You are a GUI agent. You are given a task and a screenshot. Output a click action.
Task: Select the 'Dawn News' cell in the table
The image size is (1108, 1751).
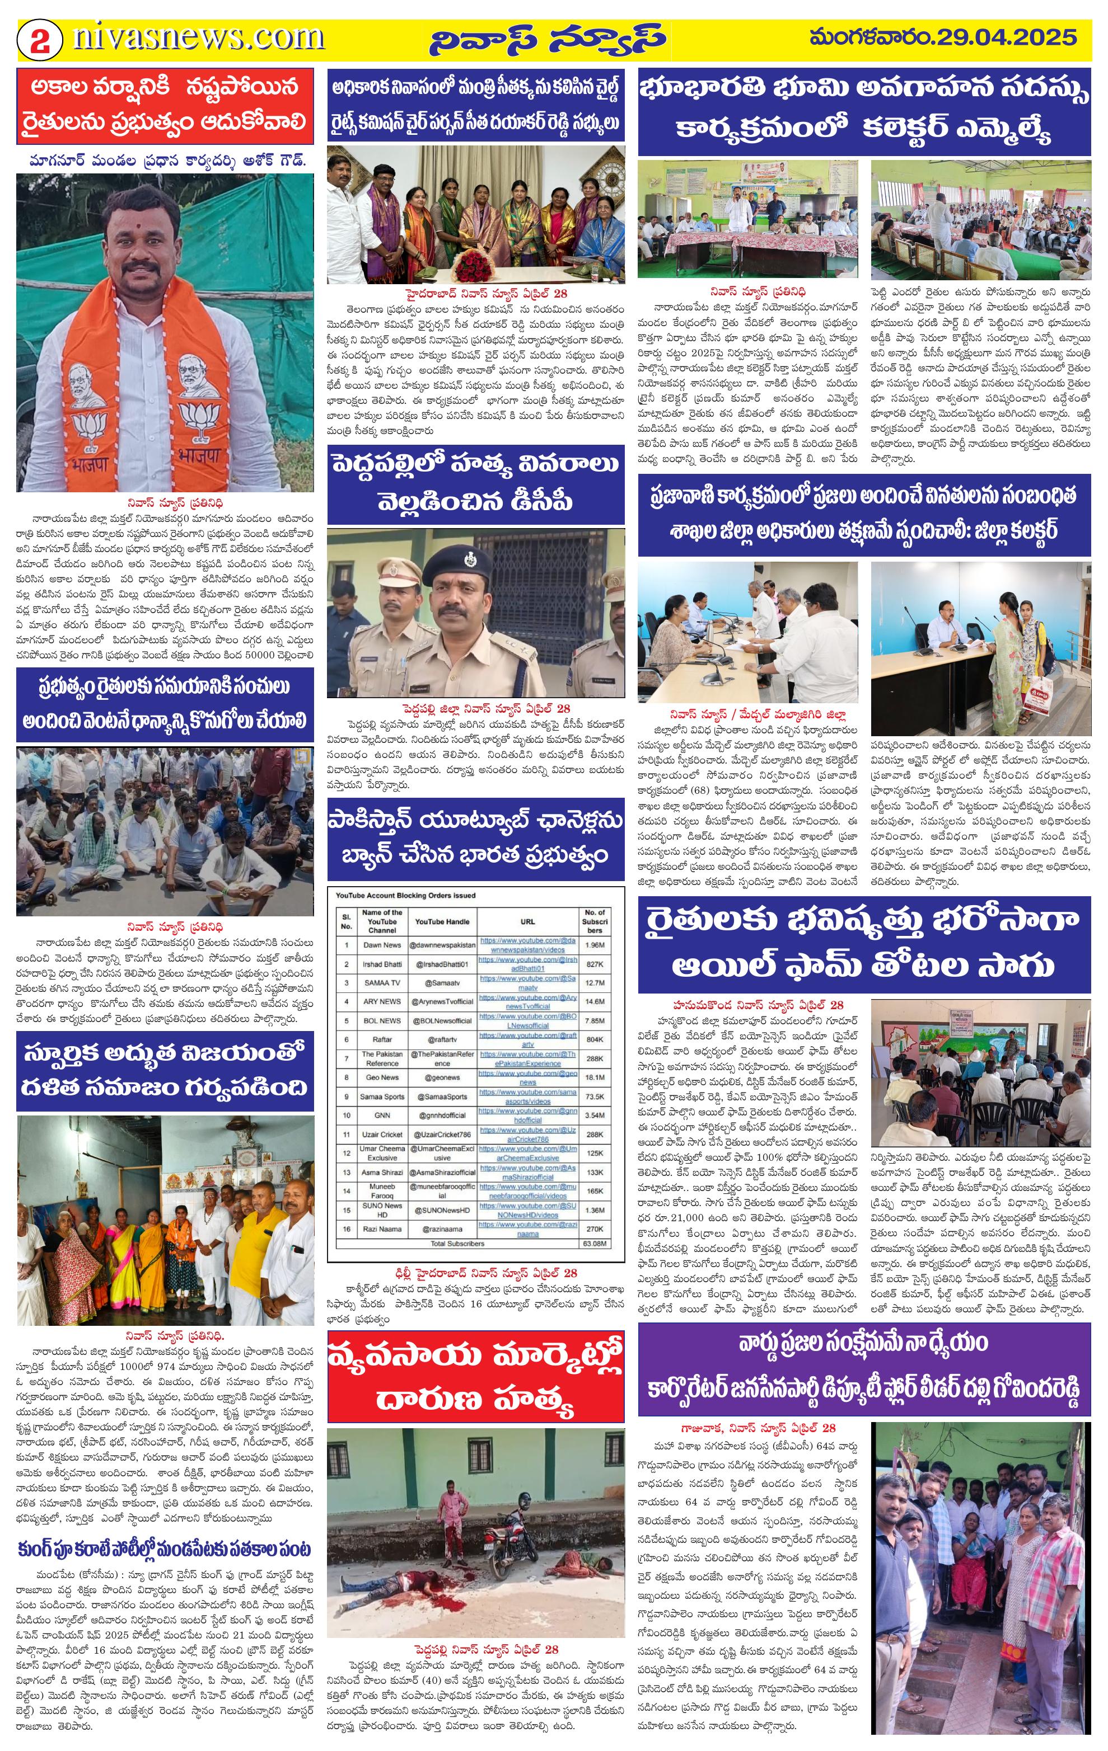(x=382, y=945)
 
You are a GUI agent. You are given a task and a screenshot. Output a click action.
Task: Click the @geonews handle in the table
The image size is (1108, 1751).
(x=442, y=1077)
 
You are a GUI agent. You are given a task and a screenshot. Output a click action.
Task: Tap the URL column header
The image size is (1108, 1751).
(x=527, y=921)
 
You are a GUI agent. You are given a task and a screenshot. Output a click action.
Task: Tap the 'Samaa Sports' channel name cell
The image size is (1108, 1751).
(x=382, y=1096)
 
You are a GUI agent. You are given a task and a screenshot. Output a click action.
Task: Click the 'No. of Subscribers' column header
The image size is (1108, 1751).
(x=595, y=921)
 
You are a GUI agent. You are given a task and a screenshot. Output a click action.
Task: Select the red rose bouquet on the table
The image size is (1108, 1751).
(x=476, y=270)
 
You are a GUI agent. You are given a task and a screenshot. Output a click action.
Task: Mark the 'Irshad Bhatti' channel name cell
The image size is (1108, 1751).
(x=382, y=964)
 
